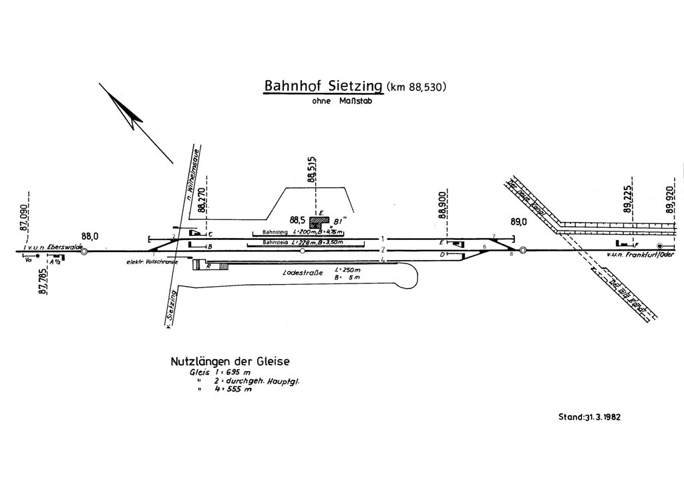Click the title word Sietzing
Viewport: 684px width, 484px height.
click(346, 87)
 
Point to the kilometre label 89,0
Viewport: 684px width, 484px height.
click(518, 221)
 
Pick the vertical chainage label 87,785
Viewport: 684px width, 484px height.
click(44, 283)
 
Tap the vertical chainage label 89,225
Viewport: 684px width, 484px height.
click(628, 199)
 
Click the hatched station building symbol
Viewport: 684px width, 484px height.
click(319, 223)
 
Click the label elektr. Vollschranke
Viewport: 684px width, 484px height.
click(152, 263)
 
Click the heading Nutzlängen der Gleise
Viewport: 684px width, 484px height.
click(230, 362)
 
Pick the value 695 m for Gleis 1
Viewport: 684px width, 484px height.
click(236, 372)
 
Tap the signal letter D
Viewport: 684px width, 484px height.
click(443, 255)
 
